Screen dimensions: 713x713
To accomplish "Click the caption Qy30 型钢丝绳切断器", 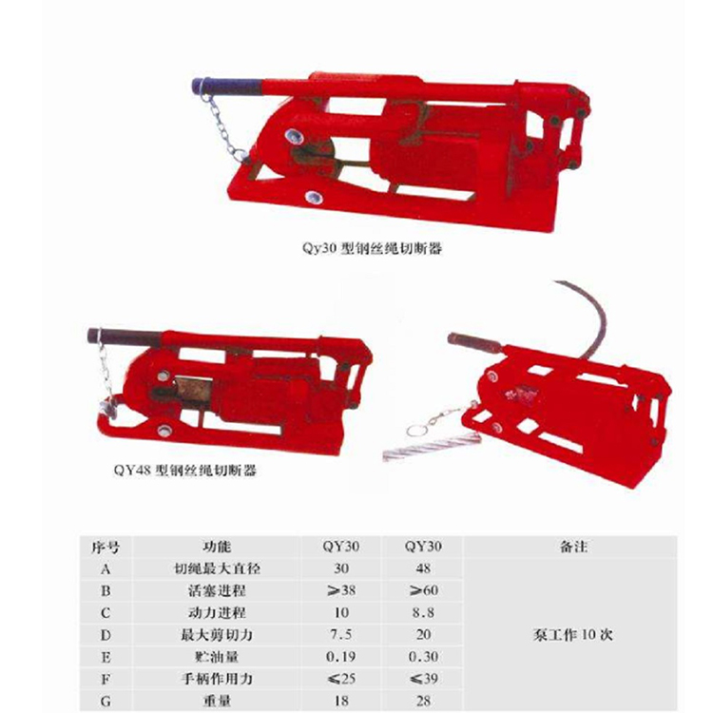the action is pos(372,248).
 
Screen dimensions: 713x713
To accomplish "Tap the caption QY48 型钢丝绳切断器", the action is pos(185,470).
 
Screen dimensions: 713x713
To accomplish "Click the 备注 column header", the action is pos(573,546).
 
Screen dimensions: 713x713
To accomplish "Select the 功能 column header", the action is pos(217,546).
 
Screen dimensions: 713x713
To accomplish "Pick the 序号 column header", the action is pos(106,547).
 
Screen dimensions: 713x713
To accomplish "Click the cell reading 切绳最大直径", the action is pos(217,568).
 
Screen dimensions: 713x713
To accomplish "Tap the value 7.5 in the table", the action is pos(341,634).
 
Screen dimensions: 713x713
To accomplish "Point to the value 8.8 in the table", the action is pos(423,612).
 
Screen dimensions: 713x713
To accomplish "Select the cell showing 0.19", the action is pos(341,657).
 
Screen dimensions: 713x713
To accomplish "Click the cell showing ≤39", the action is pos(423,679).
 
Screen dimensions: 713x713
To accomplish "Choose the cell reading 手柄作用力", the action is pos(217,679).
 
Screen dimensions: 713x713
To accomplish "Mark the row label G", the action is pos(106,702).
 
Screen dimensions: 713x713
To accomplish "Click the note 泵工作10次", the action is pos(573,635).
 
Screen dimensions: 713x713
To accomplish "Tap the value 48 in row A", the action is pos(423,568).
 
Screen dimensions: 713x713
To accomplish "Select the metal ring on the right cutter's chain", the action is pos(416,430).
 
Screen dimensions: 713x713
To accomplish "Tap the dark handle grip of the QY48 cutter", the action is pos(125,337).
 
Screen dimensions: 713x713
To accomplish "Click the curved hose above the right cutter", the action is pos(591,314).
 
